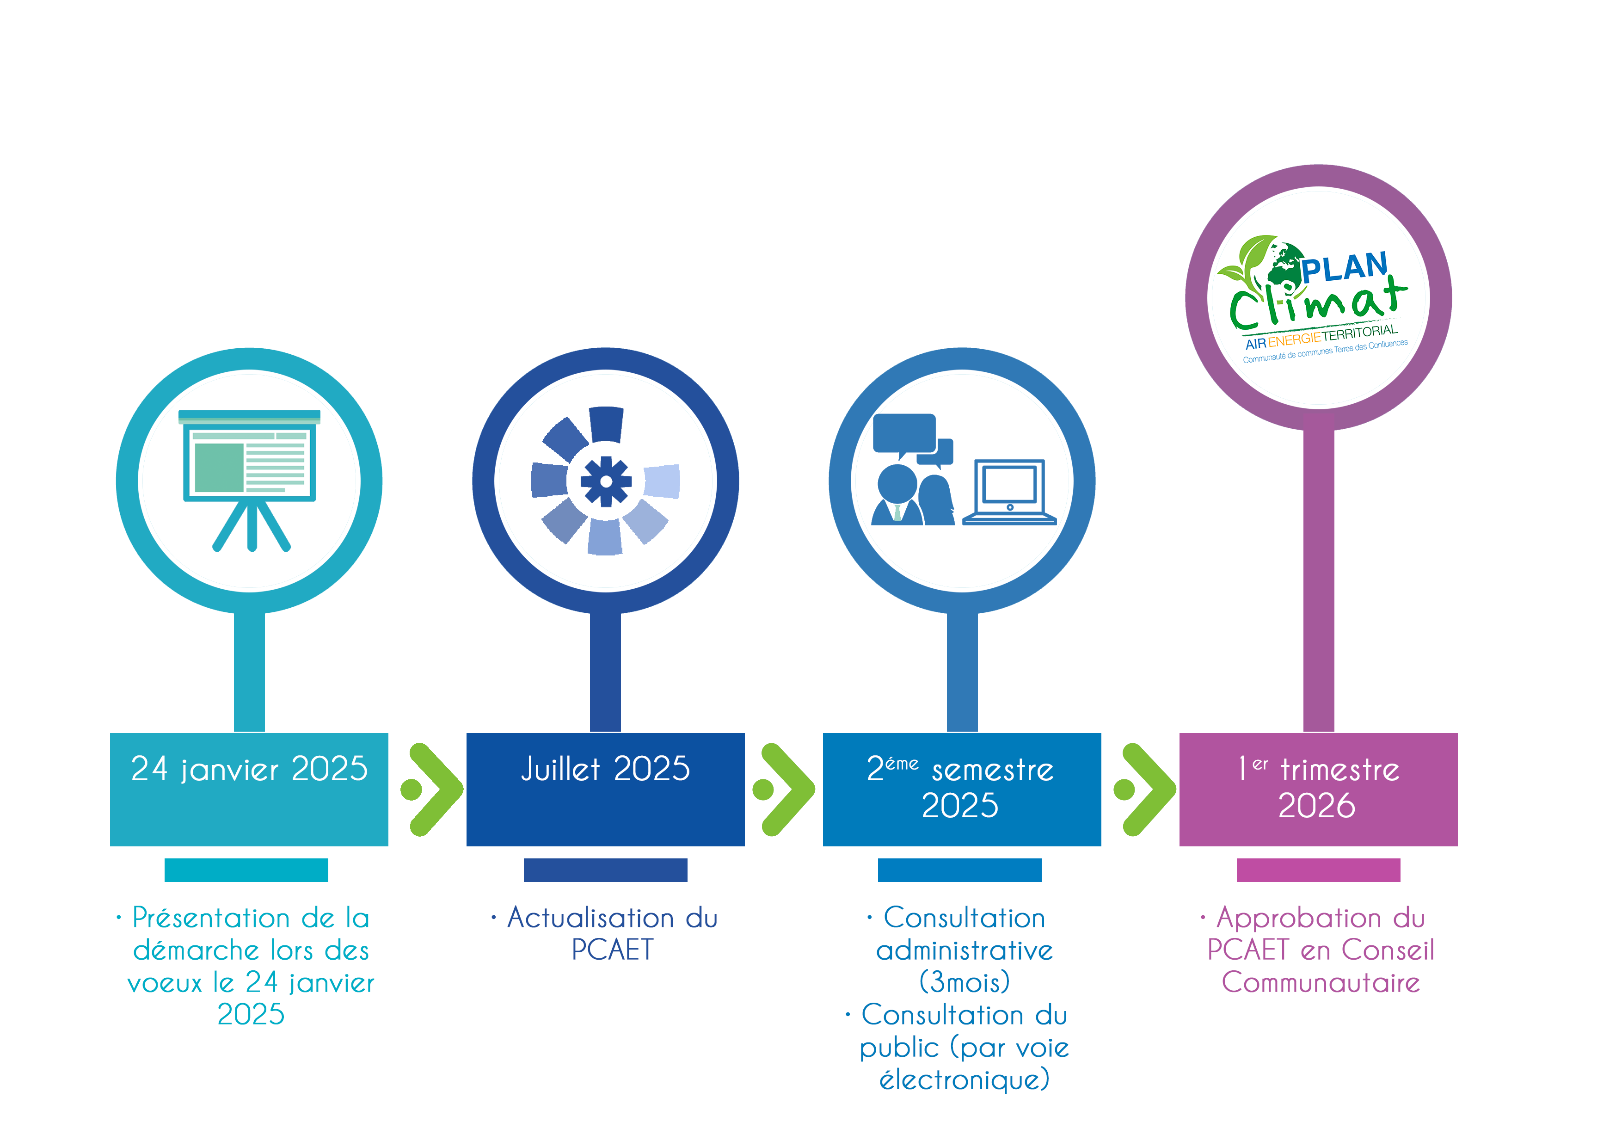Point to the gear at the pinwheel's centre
605,481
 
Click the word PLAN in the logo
1345,267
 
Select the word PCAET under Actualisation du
613,950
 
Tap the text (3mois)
965,981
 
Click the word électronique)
965,1079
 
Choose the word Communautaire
1321,982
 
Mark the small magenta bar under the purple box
1318,870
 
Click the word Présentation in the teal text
210,918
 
